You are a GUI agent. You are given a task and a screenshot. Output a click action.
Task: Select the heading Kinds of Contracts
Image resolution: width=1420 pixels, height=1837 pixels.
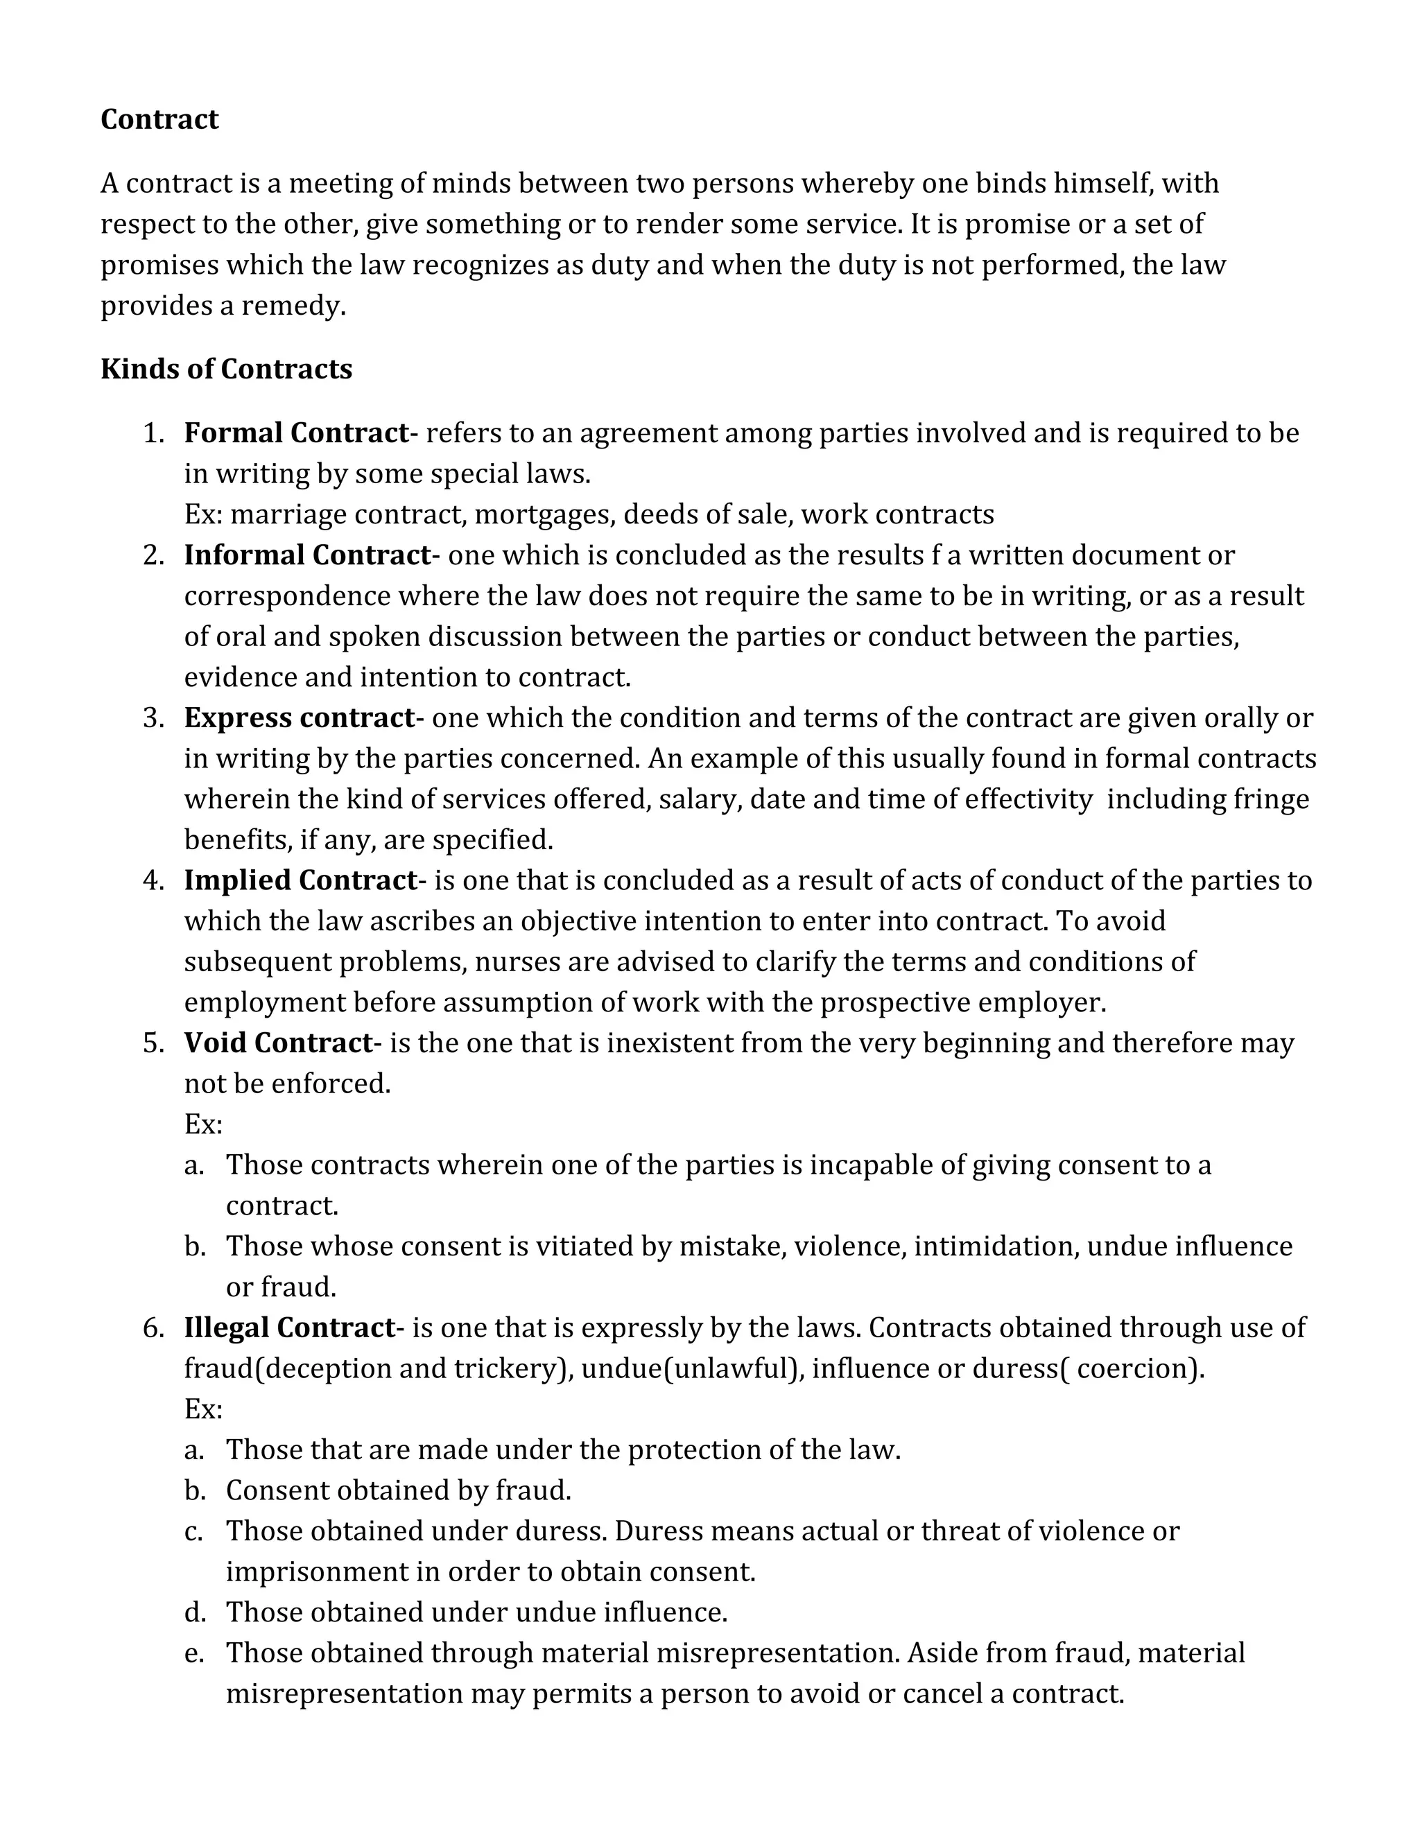point(225,369)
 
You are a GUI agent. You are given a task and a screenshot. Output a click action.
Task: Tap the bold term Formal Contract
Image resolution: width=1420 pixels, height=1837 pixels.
point(295,433)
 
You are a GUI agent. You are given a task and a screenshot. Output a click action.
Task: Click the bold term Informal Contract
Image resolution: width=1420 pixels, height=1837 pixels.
point(307,555)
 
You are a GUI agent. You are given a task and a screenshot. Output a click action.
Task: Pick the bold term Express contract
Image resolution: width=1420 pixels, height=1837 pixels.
point(300,718)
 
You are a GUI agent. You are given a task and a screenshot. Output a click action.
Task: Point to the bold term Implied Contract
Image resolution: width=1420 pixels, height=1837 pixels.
point(300,880)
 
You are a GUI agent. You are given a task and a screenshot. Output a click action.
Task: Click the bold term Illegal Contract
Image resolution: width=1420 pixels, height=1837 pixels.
point(289,1328)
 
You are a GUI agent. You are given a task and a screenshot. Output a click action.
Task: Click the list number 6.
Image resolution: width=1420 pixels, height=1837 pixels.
point(153,1328)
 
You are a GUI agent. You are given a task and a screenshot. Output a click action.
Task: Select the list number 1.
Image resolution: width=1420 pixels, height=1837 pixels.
point(153,433)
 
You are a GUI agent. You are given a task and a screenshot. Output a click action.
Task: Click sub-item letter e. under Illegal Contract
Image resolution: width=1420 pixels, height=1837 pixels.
point(194,1653)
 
